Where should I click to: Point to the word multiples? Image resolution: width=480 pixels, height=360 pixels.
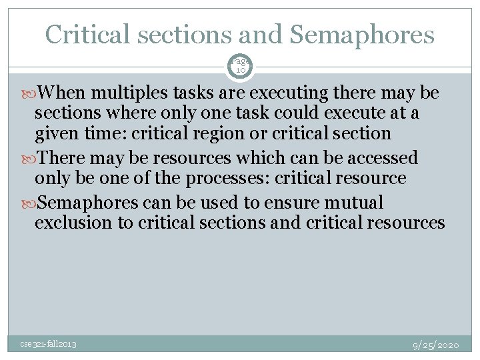pyautogui.click(x=141, y=94)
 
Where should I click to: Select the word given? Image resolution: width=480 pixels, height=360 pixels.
pyautogui.click(x=57, y=133)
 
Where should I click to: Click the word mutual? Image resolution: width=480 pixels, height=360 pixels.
pyautogui.click(x=351, y=203)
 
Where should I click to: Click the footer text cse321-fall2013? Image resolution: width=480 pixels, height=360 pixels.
pyautogui.click(x=47, y=344)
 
